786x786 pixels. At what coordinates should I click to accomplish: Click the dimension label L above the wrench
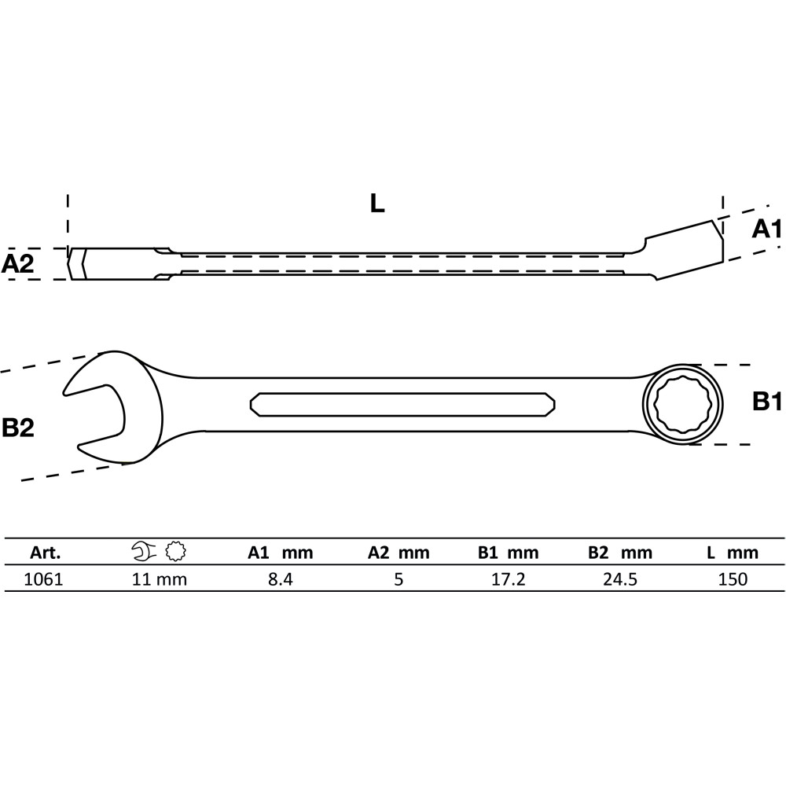coord(377,203)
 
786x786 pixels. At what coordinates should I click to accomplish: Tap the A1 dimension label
coord(767,229)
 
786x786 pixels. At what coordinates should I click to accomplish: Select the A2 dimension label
coord(17,263)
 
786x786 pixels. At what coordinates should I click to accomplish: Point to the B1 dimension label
coord(767,402)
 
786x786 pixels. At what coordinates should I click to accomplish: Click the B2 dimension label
coord(18,428)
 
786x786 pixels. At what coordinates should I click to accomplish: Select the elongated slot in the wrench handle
coord(402,404)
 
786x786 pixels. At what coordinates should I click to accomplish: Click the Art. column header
coord(45,553)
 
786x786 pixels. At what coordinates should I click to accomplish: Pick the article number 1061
coord(43,579)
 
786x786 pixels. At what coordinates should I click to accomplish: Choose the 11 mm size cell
coord(160,579)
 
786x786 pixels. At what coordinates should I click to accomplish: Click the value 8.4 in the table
coord(281,579)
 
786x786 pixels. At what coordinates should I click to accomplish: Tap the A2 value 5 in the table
coord(399,579)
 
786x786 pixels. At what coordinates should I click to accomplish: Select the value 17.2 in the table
coord(509,579)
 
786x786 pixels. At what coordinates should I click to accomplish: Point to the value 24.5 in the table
coord(620,579)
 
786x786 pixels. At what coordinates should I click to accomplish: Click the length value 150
coord(733,579)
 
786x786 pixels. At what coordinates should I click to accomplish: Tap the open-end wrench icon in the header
coord(145,551)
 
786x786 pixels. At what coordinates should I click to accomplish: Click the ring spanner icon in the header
coord(175,551)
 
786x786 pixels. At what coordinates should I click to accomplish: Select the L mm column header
coord(733,553)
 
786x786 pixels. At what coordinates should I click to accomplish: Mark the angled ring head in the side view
coord(685,250)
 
